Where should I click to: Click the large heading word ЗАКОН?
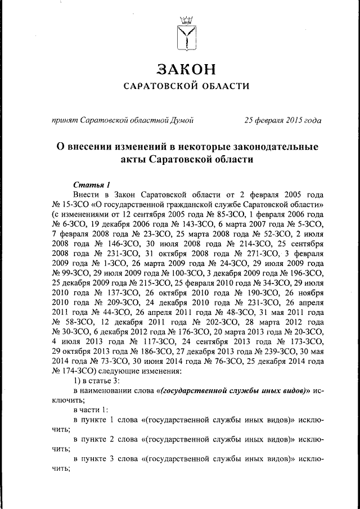(186, 69)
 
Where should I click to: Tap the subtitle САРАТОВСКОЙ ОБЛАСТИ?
(186, 86)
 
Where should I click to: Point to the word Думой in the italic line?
(183, 120)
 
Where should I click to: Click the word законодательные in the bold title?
(269, 147)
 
